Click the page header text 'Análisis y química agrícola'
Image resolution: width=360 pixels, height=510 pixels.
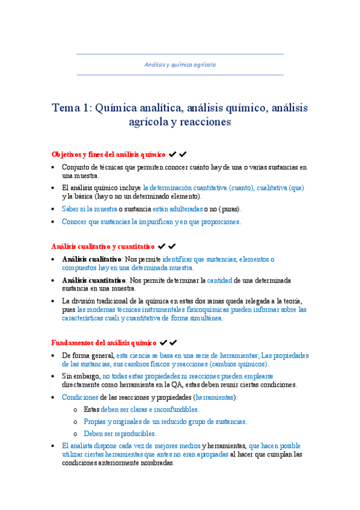coord(180,64)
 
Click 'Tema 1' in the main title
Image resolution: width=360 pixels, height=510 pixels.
coord(70,108)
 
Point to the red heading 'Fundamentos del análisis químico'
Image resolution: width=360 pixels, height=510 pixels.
coord(103,343)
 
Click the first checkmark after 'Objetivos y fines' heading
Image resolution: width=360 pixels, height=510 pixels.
coord(172,155)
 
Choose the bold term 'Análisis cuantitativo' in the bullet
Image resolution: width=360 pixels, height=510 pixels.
coord(94,280)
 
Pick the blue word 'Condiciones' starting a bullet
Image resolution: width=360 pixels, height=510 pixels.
coord(80,398)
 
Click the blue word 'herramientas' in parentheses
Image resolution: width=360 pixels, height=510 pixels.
coord(216,398)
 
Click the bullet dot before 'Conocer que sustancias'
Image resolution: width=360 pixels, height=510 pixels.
coord(54,222)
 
